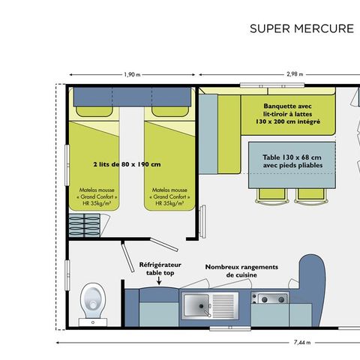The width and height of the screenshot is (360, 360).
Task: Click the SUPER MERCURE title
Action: (x=301, y=29)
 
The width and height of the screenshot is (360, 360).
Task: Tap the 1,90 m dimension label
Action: (x=132, y=75)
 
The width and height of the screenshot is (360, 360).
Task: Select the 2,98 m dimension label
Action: (x=297, y=75)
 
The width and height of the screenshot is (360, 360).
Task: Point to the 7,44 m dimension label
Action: (x=300, y=342)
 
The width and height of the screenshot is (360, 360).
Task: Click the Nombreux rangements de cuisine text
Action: (x=241, y=270)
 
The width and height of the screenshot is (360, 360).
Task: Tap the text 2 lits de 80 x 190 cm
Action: (x=127, y=164)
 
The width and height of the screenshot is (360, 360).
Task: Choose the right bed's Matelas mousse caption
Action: (x=170, y=196)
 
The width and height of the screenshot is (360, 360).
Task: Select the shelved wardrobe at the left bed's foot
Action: (x=85, y=223)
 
